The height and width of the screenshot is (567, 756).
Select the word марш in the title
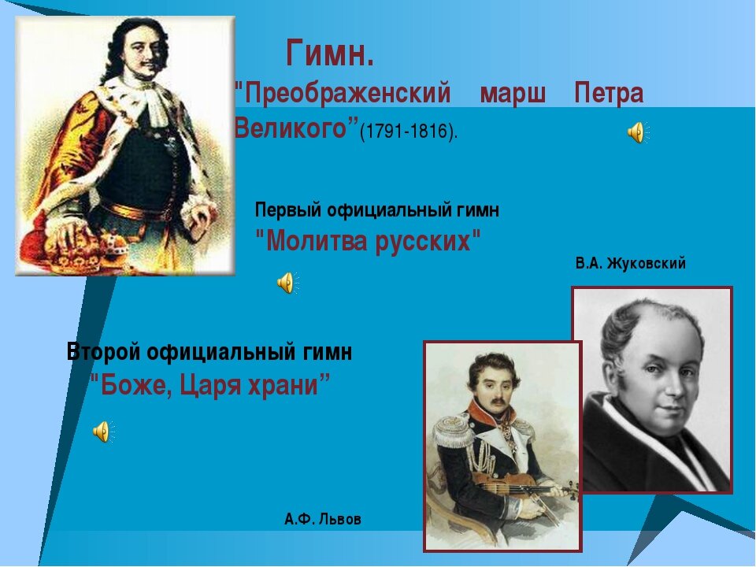(513, 94)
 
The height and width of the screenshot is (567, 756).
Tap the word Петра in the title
(609, 94)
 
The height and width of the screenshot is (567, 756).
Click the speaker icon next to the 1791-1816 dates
(636, 133)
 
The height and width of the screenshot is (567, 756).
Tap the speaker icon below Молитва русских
(287, 282)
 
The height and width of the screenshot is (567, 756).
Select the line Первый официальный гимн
(376, 210)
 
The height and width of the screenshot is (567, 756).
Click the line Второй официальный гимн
(209, 352)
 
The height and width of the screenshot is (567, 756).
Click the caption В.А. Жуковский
(630, 264)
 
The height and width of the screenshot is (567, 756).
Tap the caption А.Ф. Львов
(322, 519)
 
